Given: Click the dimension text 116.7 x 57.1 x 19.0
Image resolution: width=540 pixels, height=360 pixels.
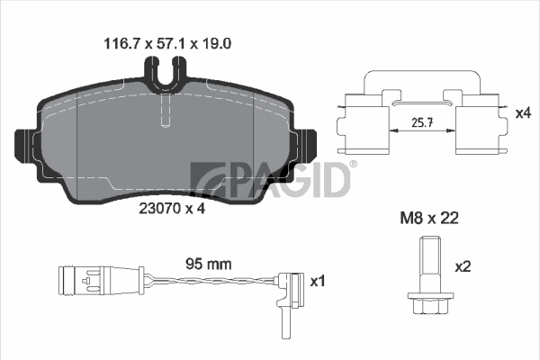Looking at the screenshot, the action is pyautogui.click(x=167, y=44).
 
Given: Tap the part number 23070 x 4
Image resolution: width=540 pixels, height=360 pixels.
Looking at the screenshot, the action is pyautogui.click(x=172, y=209).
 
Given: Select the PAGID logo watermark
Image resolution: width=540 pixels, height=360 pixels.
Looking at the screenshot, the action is pyautogui.click(x=271, y=180).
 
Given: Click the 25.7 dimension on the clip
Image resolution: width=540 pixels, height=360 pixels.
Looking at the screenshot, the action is pyautogui.click(x=422, y=122).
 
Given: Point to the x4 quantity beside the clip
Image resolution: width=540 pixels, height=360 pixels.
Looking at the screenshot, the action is pyautogui.click(x=523, y=113).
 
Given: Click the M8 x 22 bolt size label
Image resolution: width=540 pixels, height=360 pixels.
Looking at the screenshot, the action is pyautogui.click(x=429, y=218).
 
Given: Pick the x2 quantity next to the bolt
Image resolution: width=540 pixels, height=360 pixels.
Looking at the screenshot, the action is pyautogui.click(x=463, y=266).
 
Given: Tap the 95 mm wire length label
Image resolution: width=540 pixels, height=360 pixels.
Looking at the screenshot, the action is pyautogui.click(x=209, y=265).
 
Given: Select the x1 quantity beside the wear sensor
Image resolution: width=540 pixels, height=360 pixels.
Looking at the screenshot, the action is pyautogui.click(x=317, y=281).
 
